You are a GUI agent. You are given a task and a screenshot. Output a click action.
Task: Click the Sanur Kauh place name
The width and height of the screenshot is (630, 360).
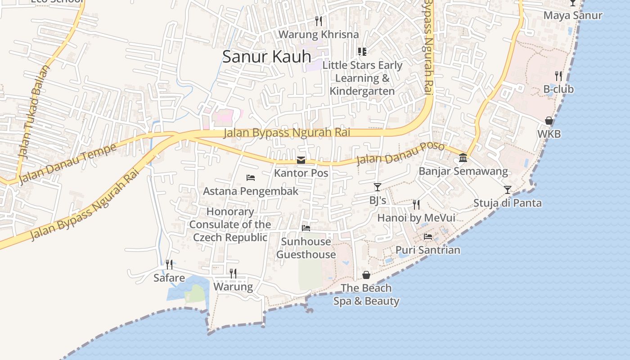pyautogui.click(x=267, y=57)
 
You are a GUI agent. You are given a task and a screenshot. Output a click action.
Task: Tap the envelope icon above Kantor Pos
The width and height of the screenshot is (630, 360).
pyautogui.click(x=301, y=160)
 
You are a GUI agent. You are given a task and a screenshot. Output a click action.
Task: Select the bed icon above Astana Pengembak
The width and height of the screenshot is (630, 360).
pyautogui.click(x=251, y=178)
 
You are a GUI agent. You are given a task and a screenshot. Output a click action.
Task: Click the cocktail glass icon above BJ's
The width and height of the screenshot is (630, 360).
pyautogui.click(x=377, y=187)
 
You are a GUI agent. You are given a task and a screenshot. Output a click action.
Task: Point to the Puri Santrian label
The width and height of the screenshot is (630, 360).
pyautogui.click(x=427, y=250)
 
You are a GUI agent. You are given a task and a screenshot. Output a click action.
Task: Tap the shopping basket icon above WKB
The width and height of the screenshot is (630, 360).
pyautogui.click(x=549, y=121)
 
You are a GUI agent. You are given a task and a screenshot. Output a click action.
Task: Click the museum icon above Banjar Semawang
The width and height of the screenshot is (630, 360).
pyautogui.click(x=463, y=158)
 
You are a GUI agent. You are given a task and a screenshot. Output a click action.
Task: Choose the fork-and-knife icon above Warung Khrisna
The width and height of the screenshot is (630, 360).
pyautogui.click(x=319, y=21)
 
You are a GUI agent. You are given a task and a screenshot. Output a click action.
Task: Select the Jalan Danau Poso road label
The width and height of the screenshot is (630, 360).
pyautogui.click(x=400, y=153)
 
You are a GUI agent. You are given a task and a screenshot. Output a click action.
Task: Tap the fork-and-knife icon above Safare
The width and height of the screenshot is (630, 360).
pyautogui.click(x=169, y=265)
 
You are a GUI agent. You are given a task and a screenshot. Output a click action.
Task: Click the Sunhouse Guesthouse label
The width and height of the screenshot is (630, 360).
pyautogui.click(x=306, y=248)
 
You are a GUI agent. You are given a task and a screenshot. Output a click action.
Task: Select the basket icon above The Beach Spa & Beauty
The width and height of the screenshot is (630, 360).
pyautogui.click(x=366, y=274)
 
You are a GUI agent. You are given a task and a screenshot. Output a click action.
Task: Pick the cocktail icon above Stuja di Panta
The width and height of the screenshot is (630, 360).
pyautogui.click(x=508, y=189)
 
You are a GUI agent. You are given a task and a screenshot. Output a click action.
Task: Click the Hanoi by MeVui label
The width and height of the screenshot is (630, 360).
pyautogui.click(x=416, y=218)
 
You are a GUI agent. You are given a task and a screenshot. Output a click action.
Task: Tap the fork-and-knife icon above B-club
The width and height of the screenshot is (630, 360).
pyautogui.click(x=558, y=76)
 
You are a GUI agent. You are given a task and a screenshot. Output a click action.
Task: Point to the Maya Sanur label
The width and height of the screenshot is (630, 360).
pyautogui.click(x=572, y=15)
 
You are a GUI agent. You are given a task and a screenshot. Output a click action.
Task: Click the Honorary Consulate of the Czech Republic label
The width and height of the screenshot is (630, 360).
pyautogui.click(x=230, y=225)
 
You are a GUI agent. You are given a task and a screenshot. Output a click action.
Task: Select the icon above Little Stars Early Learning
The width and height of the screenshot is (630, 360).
pyautogui.click(x=362, y=52)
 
